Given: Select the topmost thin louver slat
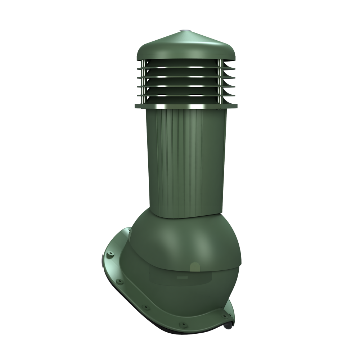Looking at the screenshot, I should [x=186, y=67].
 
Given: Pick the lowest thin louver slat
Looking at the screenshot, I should [x=186, y=96].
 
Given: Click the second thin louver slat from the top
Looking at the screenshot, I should [x=186, y=76].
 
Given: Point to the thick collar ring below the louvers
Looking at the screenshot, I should [x=186, y=106].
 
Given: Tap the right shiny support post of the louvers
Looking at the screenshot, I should [x=220, y=83].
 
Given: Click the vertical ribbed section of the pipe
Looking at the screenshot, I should [x=180, y=162].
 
